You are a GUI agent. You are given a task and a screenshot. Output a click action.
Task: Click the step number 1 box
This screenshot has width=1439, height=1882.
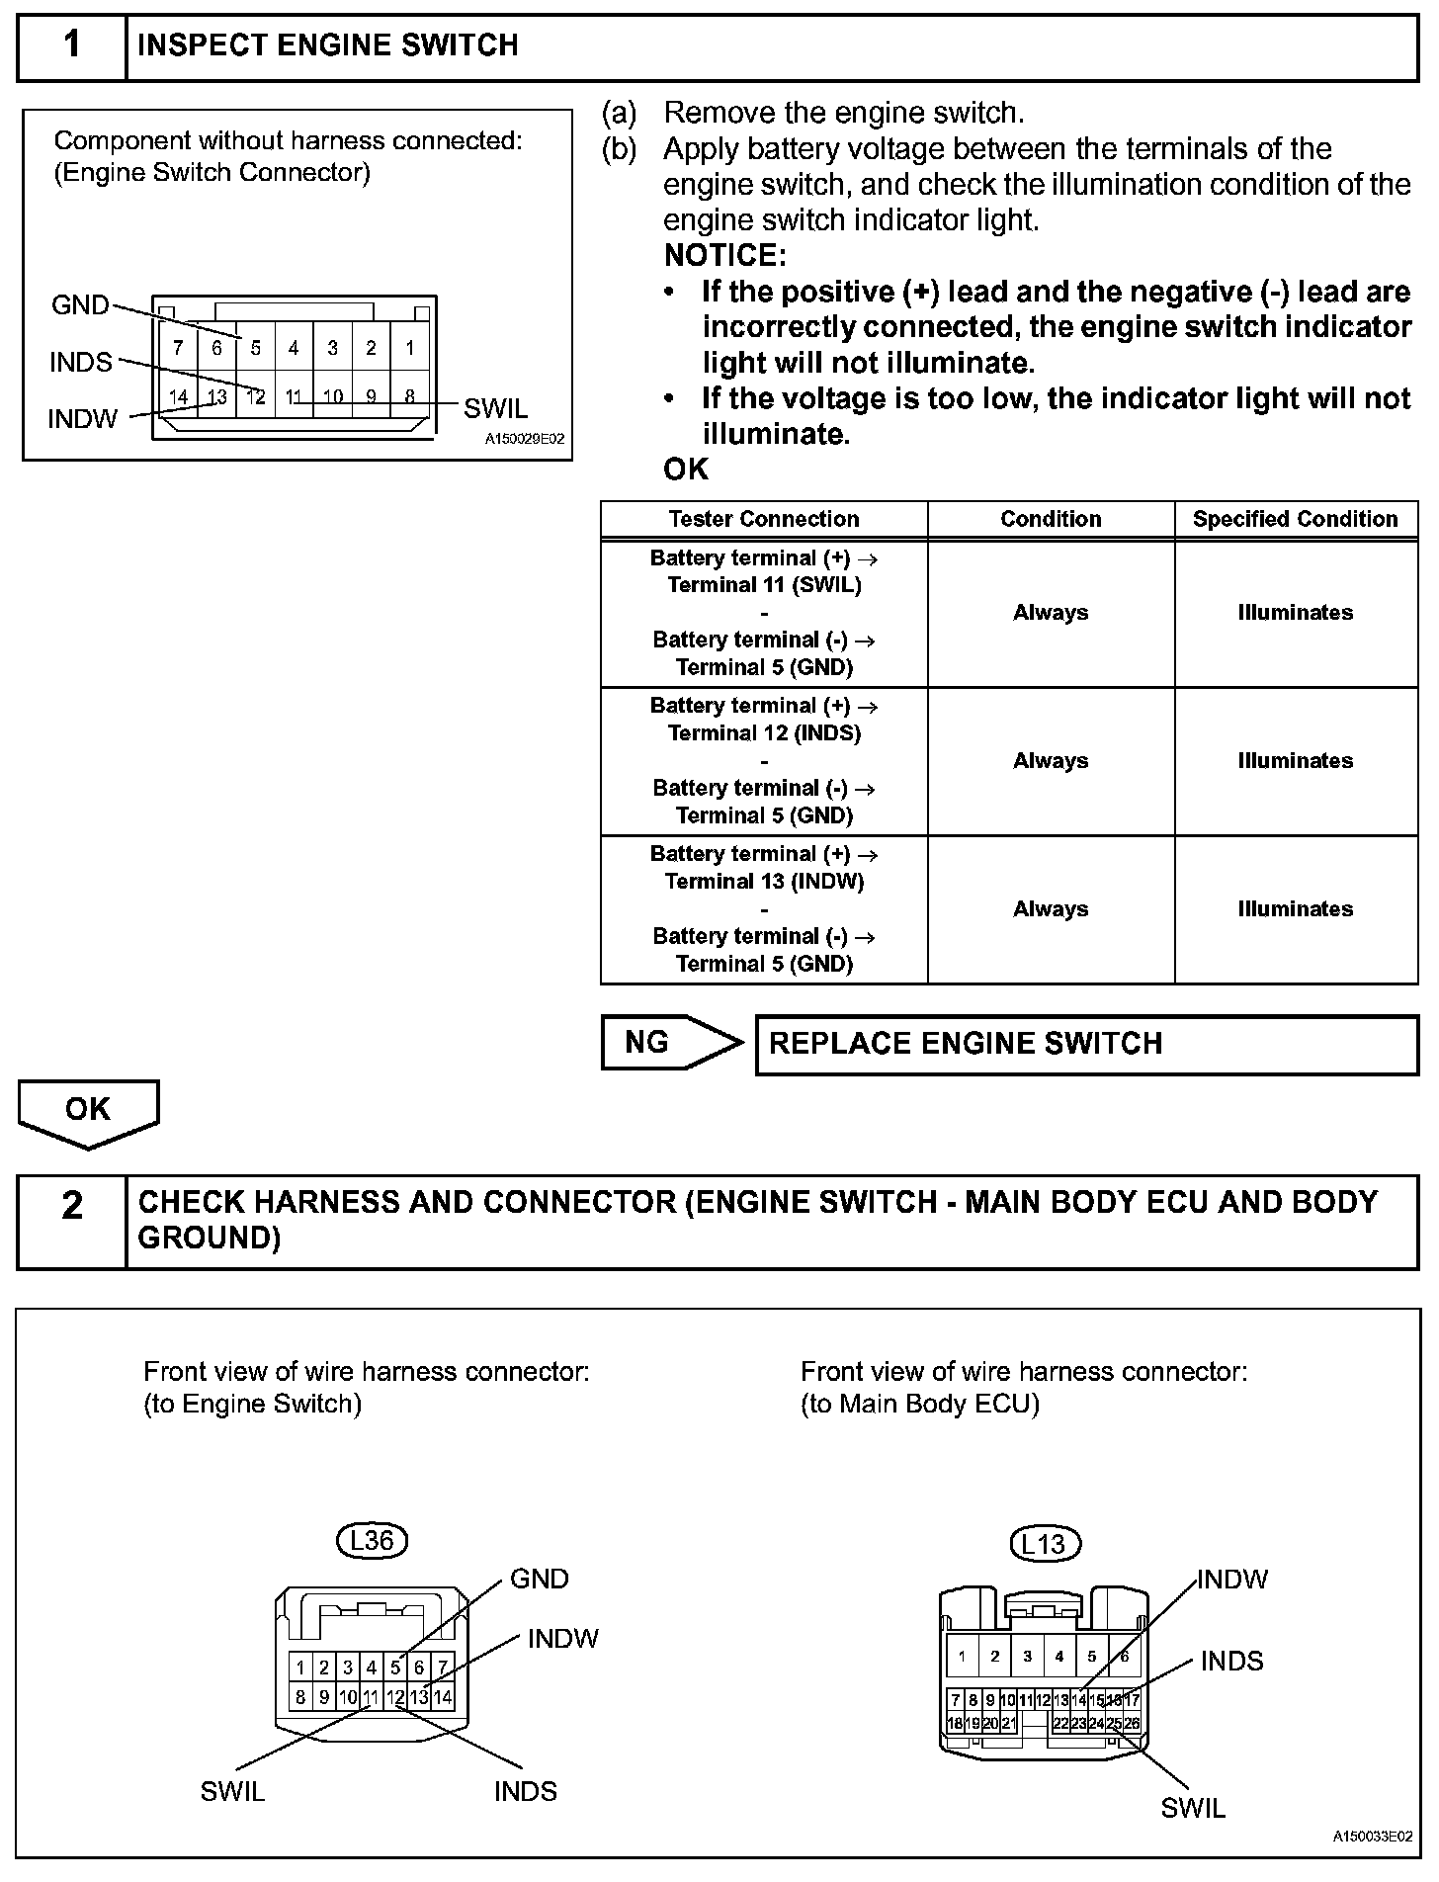click(x=71, y=46)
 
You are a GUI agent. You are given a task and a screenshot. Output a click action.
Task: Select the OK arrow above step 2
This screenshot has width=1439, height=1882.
click(x=88, y=1111)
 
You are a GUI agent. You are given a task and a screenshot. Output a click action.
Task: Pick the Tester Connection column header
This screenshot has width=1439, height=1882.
click(x=764, y=520)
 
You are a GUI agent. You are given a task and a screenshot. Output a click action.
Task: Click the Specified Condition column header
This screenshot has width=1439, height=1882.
click(x=1295, y=520)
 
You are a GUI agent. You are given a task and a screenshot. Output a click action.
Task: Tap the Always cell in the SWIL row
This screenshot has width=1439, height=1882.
click(x=1050, y=613)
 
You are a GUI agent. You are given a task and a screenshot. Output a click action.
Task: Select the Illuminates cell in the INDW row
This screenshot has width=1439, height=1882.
click(x=1295, y=909)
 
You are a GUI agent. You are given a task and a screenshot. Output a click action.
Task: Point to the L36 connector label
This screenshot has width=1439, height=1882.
click(x=372, y=1540)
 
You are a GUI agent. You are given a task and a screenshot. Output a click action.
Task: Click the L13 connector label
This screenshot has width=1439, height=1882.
click(x=1045, y=1544)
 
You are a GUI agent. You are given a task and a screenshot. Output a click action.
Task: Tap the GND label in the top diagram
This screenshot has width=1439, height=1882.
click(x=80, y=305)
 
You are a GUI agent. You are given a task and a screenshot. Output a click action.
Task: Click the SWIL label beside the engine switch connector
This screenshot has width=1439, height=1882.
click(x=496, y=408)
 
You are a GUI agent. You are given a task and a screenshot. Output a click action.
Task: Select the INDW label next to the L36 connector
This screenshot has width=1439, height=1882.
click(x=563, y=1639)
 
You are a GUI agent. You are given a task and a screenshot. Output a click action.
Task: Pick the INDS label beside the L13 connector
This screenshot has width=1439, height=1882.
click(x=1231, y=1662)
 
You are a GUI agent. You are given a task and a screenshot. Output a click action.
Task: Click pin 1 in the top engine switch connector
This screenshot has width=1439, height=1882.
click(x=409, y=348)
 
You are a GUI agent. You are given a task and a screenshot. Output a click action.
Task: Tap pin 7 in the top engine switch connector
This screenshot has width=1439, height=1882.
click(x=178, y=348)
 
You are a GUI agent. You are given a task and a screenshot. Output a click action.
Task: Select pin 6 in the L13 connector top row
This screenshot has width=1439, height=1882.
click(x=1124, y=1657)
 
